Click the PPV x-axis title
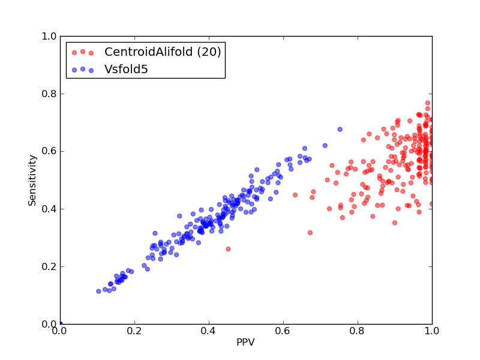[x=245, y=342]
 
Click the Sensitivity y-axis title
[x=32, y=181]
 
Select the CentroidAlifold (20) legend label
[x=163, y=52]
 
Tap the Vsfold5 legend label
[x=126, y=69]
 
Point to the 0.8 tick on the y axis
[x=49, y=94]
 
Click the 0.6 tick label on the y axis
[x=49, y=151]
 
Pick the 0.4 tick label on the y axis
[x=49, y=209]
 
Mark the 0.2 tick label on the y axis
[x=49, y=266]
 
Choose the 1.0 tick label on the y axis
[x=49, y=36]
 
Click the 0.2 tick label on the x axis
[x=134, y=331]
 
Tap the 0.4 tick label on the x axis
[x=209, y=331]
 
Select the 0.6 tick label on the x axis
[x=283, y=331]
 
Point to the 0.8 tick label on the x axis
[x=358, y=331]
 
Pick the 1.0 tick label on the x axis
[x=432, y=331]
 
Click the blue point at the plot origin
[x=61, y=324]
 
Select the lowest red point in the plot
[x=228, y=249]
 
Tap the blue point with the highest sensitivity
[x=340, y=129]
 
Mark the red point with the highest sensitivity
[x=428, y=103]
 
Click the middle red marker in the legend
[x=83, y=52]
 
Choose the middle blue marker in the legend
[x=83, y=69]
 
